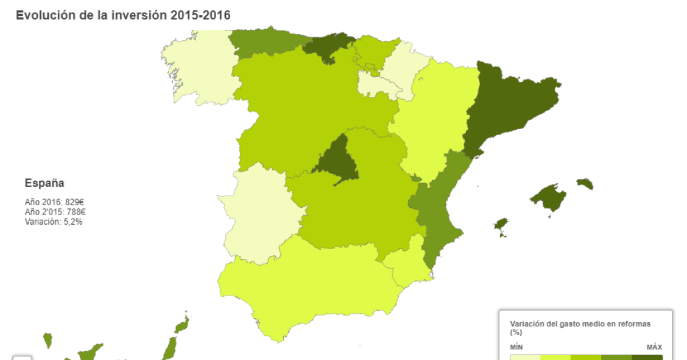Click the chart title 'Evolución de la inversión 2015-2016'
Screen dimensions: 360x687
[x=123, y=15]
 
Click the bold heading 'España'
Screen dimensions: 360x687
[x=44, y=183]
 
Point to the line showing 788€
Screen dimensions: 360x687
[x=55, y=212]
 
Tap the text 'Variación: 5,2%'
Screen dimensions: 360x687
[x=54, y=222]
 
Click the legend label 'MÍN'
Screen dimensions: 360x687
[x=516, y=347]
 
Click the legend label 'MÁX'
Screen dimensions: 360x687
[x=654, y=347]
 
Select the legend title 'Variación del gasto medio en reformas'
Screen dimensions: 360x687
[x=580, y=324]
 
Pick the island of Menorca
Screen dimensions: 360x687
[x=585, y=183]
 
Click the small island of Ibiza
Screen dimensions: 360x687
[x=501, y=226]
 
